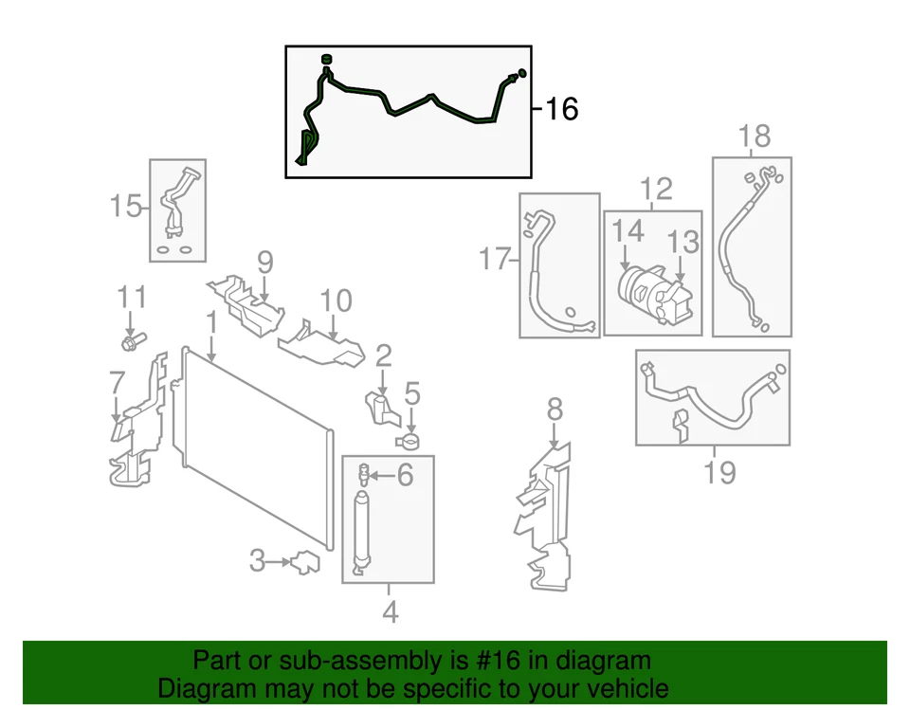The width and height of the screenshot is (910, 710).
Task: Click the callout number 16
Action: pyautogui.click(x=561, y=109)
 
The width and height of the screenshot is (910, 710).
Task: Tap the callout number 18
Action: pyautogui.click(x=755, y=136)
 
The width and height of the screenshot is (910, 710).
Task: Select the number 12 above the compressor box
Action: pyautogui.click(x=655, y=189)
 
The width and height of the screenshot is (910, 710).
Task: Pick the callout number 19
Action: pyautogui.click(x=719, y=470)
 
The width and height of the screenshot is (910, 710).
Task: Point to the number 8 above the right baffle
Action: pyautogui.click(x=555, y=410)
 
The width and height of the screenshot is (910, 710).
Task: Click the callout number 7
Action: pyautogui.click(x=117, y=384)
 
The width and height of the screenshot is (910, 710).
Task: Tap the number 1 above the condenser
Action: pyautogui.click(x=211, y=323)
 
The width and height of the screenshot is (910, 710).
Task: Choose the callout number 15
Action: pyautogui.click(x=126, y=205)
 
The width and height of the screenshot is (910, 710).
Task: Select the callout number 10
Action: pyautogui.click(x=336, y=301)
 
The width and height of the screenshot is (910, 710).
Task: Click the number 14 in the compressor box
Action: pyautogui.click(x=627, y=230)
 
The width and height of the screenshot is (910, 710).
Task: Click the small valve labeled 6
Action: pyautogui.click(x=364, y=471)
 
